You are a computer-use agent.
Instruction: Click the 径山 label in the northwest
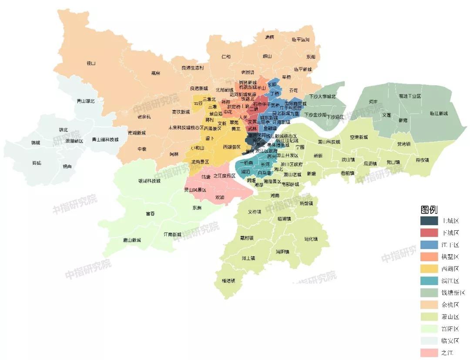[x=91, y=63]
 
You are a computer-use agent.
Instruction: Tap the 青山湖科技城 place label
[x=105, y=140]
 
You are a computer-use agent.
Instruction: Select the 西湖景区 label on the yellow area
[x=232, y=147]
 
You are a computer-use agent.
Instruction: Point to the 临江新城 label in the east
[x=438, y=114]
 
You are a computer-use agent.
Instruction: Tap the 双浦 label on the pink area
[x=221, y=197]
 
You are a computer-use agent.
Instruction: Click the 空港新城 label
[x=359, y=137]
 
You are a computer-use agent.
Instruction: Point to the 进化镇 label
[x=311, y=239]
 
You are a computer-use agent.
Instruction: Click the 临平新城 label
[x=303, y=69]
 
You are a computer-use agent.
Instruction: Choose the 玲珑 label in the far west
[x=37, y=163]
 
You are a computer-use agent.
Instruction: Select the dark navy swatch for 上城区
[x=429, y=221]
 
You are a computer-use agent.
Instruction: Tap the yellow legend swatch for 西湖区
[x=429, y=269]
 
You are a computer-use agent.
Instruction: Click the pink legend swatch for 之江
[x=429, y=353]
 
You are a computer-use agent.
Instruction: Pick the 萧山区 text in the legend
[x=450, y=317]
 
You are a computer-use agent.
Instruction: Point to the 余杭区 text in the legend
[x=450, y=305]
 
